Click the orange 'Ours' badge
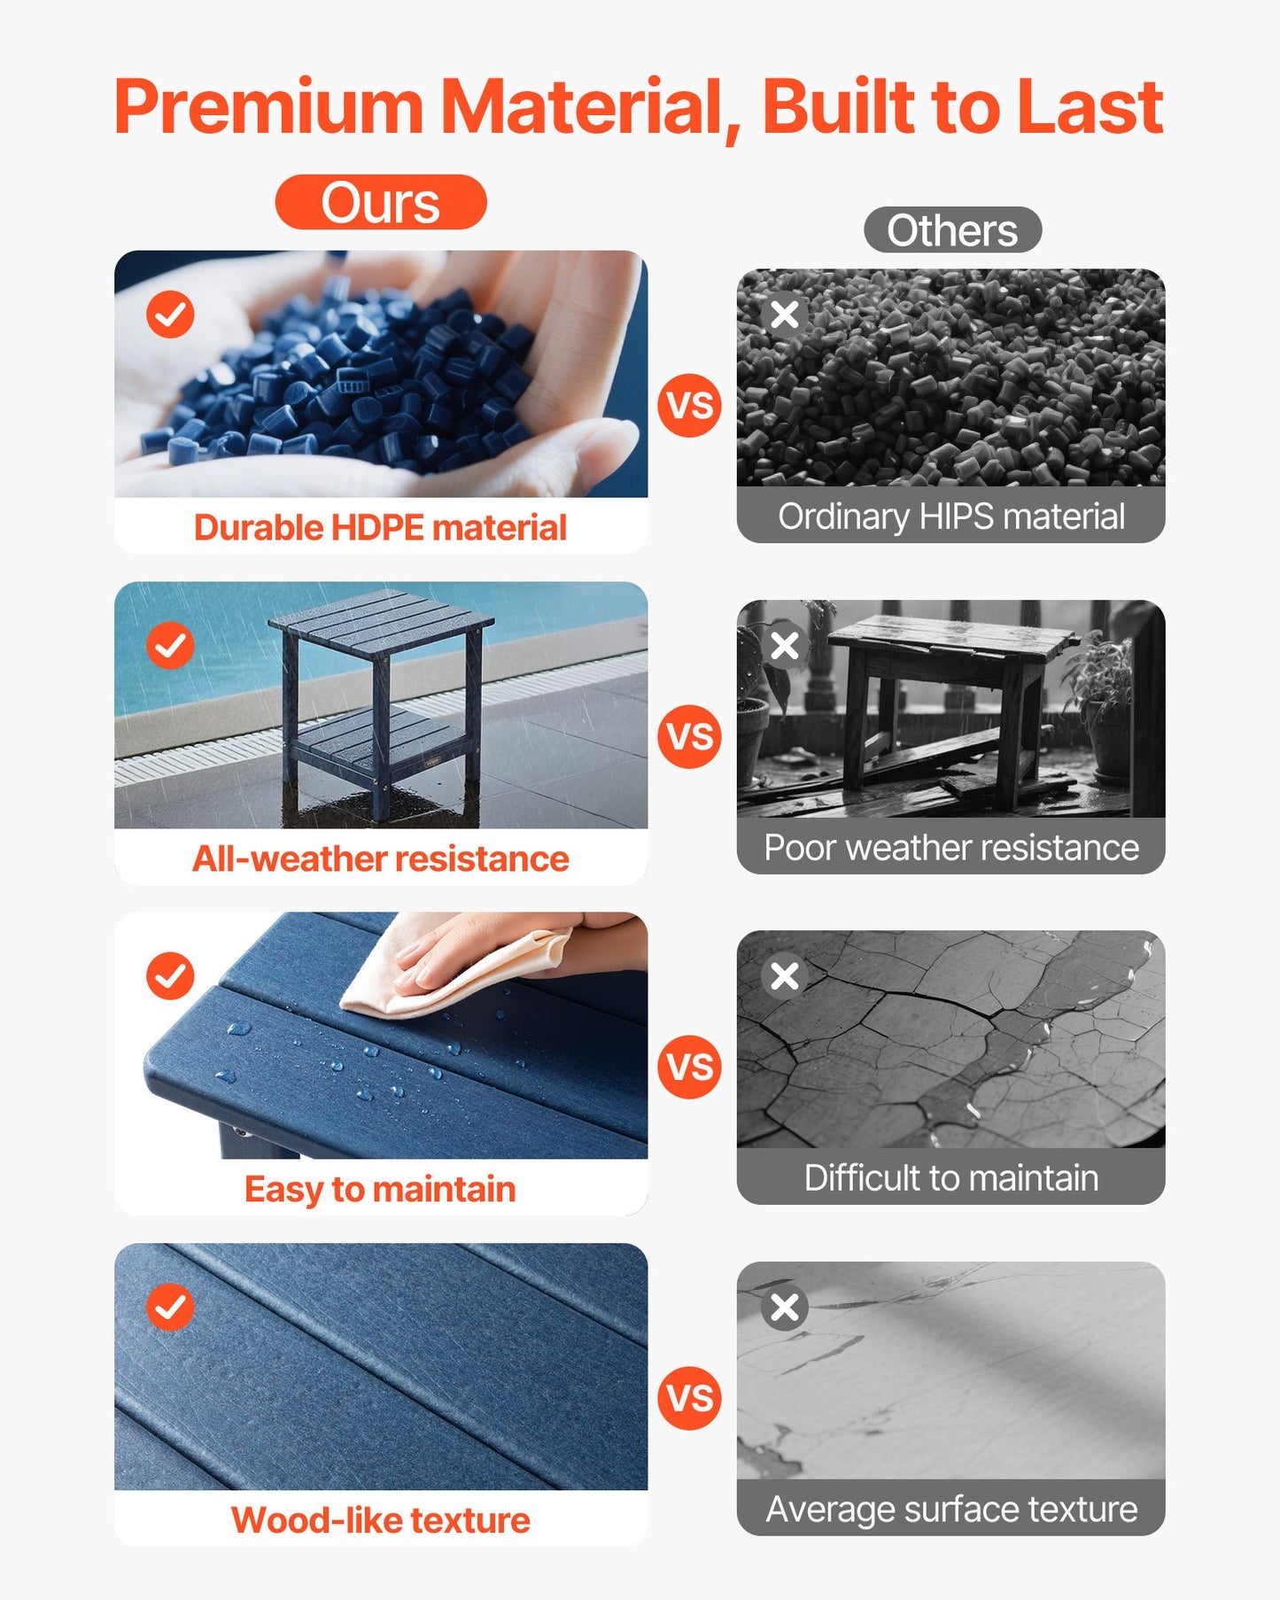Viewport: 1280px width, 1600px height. [x=381, y=202]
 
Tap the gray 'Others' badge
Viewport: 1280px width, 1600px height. [x=952, y=230]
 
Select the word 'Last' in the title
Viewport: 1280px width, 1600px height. [x=1090, y=107]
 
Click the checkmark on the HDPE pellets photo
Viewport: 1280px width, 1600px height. [x=170, y=314]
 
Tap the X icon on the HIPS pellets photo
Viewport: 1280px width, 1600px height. [x=784, y=314]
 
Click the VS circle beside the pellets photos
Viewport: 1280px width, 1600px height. [x=689, y=405]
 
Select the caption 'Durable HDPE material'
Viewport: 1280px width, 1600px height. [x=380, y=528]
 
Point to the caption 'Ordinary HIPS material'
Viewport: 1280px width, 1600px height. [x=951, y=517]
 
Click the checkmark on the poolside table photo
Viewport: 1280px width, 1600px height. [x=170, y=645]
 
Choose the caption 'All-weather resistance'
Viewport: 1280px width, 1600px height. [x=380, y=858]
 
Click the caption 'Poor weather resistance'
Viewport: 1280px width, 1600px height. [x=951, y=848]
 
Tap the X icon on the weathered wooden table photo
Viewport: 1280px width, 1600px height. [x=784, y=645]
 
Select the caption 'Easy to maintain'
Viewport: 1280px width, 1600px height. [x=380, y=1189]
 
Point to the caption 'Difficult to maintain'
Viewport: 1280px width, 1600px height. [x=951, y=1178]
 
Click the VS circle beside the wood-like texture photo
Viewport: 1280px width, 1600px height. [x=689, y=1398]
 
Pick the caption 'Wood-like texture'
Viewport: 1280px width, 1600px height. [x=380, y=1520]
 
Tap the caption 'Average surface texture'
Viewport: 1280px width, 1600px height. [x=951, y=1509]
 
